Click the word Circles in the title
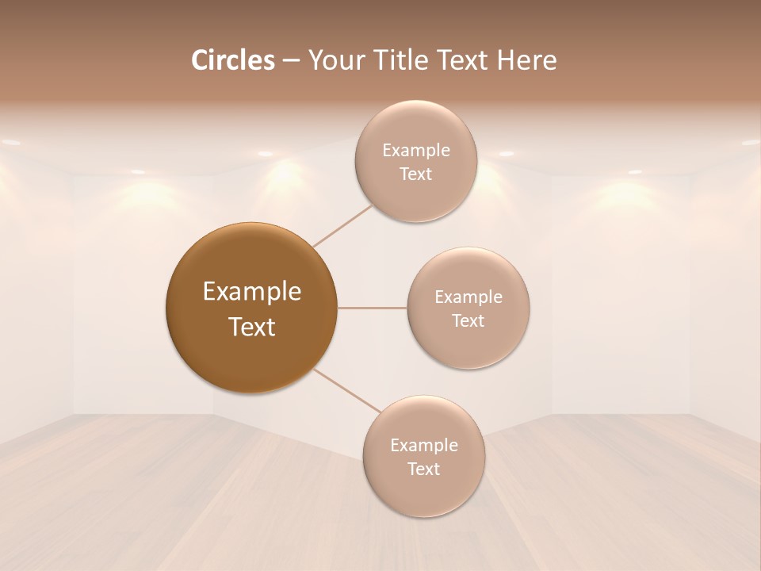(x=233, y=60)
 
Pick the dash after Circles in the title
(x=291, y=61)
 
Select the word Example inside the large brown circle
(x=252, y=292)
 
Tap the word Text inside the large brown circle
(x=252, y=327)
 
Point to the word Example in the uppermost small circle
(x=415, y=151)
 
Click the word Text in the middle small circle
(x=468, y=321)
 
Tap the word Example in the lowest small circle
(x=423, y=446)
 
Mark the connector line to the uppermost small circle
(x=342, y=225)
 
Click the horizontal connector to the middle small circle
(x=372, y=308)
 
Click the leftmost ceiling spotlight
(x=10, y=143)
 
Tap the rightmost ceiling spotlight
(x=751, y=143)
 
